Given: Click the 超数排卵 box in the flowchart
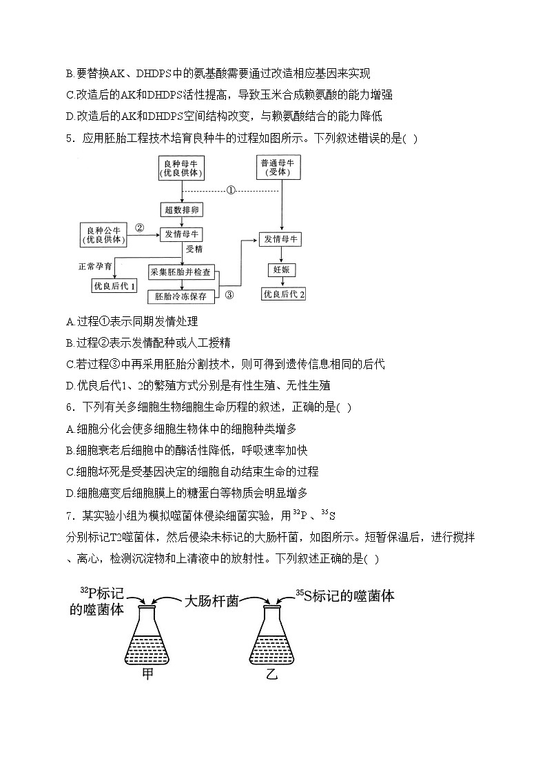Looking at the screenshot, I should coord(182,210).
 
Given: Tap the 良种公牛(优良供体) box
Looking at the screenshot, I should coord(105,234).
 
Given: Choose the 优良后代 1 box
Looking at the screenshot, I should coord(114,285).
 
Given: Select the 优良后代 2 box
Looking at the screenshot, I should coord(283,294).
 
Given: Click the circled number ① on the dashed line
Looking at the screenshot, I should coord(231,190).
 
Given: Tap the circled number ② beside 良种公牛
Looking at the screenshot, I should coord(139,228).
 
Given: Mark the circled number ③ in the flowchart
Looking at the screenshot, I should coord(229,294).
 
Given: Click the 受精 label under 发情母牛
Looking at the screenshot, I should coord(194,249).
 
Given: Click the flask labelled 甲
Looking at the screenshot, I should coord(147,635).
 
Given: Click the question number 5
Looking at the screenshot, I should coord(69,138).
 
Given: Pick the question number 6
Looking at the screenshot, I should coord(69,407).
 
